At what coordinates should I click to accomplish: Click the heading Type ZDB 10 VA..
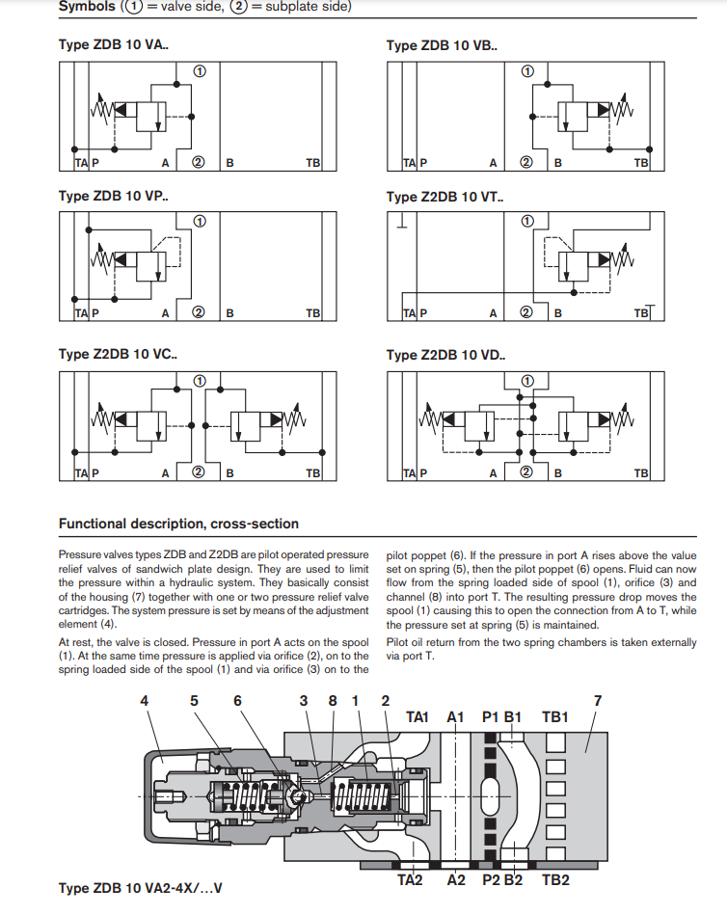pyautogui.click(x=113, y=45)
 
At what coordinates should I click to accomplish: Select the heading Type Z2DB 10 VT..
pyautogui.click(x=444, y=198)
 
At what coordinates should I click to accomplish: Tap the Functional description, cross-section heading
pyautogui.click(x=178, y=524)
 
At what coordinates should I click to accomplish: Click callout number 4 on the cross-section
pyautogui.click(x=144, y=700)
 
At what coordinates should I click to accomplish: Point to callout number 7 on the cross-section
pyautogui.click(x=598, y=700)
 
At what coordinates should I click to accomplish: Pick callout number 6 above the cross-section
pyautogui.click(x=237, y=700)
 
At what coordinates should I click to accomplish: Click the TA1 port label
pyautogui.click(x=417, y=716)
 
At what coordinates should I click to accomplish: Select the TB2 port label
pyautogui.click(x=555, y=880)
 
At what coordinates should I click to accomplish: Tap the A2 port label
pyautogui.click(x=456, y=880)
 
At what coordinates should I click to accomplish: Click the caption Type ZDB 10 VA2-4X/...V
pyautogui.click(x=140, y=888)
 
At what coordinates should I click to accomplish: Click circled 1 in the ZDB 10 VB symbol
pyautogui.click(x=527, y=71)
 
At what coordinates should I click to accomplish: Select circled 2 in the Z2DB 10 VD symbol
pyautogui.click(x=526, y=471)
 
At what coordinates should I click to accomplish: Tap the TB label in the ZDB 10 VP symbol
pyautogui.click(x=313, y=313)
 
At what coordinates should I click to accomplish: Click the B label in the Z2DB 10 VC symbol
pyautogui.click(x=229, y=473)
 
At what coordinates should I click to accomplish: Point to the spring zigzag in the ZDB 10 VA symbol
pyautogui.click(x=100, y=109)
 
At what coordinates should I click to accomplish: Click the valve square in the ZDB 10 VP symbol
pyautogui.click(x=151, y=267)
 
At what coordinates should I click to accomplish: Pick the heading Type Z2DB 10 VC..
pyautogui.click(x=118, y=354)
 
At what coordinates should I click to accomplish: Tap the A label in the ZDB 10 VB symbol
pyautogui.click(x=493, y=163)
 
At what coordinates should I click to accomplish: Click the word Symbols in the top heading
pyautogui.click(x=87, y=7)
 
